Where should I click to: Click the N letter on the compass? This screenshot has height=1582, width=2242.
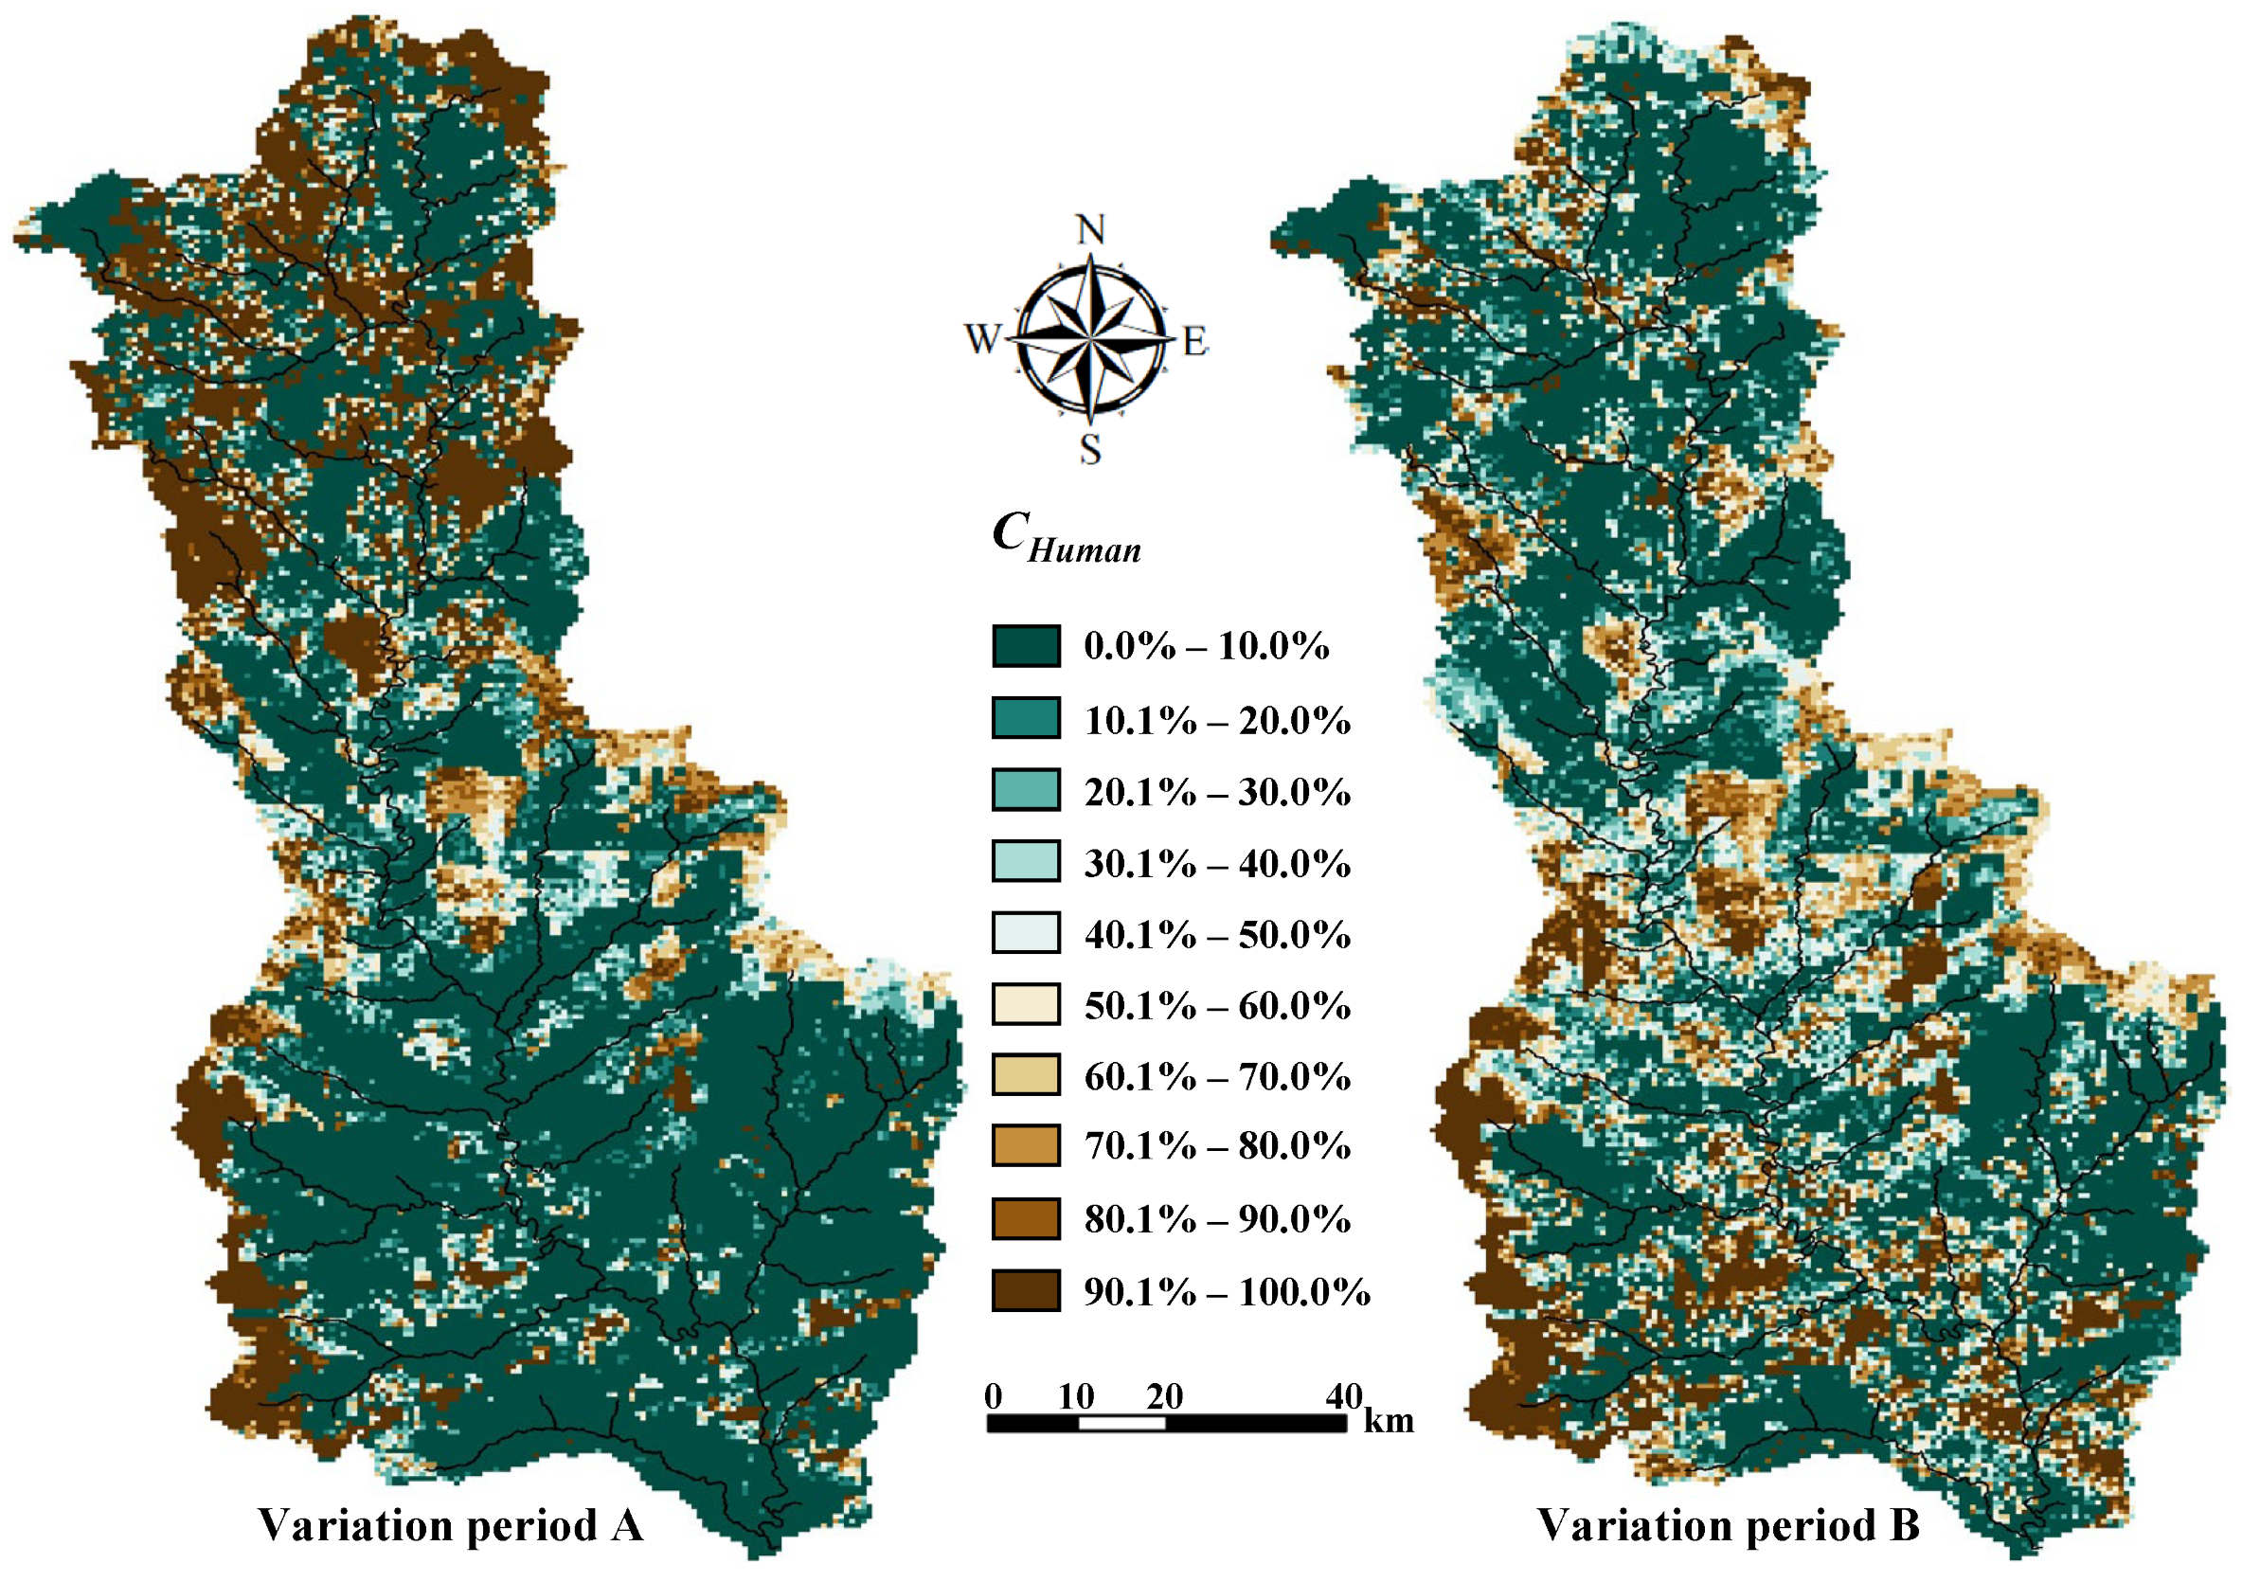tap(1090, 229)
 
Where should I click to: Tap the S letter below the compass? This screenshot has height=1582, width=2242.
tap(1090, 450)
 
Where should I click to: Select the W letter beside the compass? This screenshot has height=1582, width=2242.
tap(982, 340)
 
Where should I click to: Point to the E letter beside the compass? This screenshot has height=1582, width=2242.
tap(1195, 343)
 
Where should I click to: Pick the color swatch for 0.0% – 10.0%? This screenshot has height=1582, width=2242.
tap(1025, 646)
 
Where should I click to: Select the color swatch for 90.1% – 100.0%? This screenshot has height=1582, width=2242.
tap(1025, 1290)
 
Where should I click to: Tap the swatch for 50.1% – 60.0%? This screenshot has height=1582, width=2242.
tap(1025, 1004)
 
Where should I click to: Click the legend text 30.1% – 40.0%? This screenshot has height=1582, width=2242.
tap(1217, 863)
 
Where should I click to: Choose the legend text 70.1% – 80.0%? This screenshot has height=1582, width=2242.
tap(1217, 1145)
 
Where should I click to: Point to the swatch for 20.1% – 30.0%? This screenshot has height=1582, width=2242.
tap(1025, 790)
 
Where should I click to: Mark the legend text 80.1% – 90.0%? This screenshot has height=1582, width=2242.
tap(1217, 1219)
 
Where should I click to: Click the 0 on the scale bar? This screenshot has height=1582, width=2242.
tap(993, 1397)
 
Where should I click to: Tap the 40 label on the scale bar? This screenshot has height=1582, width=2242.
tap(1344, 1397)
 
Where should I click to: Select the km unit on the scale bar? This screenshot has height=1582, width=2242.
tap(1389, 1421)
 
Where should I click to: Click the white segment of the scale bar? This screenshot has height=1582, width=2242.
tap(1122, 1424)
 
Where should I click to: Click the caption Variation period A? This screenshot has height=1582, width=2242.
tap(450, 1525)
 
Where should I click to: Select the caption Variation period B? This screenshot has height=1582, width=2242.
tap(1728, 1525)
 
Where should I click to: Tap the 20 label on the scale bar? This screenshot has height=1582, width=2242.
tap(1165, 1397)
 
